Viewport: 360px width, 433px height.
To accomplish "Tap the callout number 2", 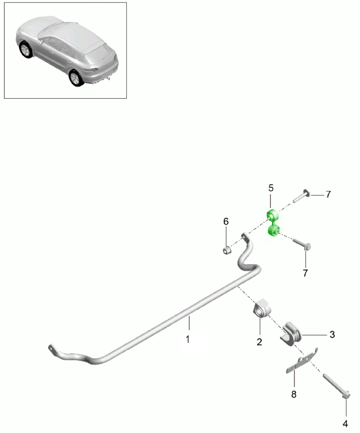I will coord(259,342).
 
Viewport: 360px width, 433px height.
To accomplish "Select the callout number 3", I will coord(332,334).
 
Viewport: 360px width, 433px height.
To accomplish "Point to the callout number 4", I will coord(345,423).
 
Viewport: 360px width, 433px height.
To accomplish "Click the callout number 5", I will coord(270,188).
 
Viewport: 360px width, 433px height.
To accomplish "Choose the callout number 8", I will coord(293,394).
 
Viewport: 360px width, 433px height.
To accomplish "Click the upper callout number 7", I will coord(328,195).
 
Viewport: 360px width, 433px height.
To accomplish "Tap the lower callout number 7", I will coord(305,273).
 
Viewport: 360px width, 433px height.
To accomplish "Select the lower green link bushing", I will coord(275,231).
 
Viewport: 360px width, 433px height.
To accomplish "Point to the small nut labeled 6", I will coord(226,249).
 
